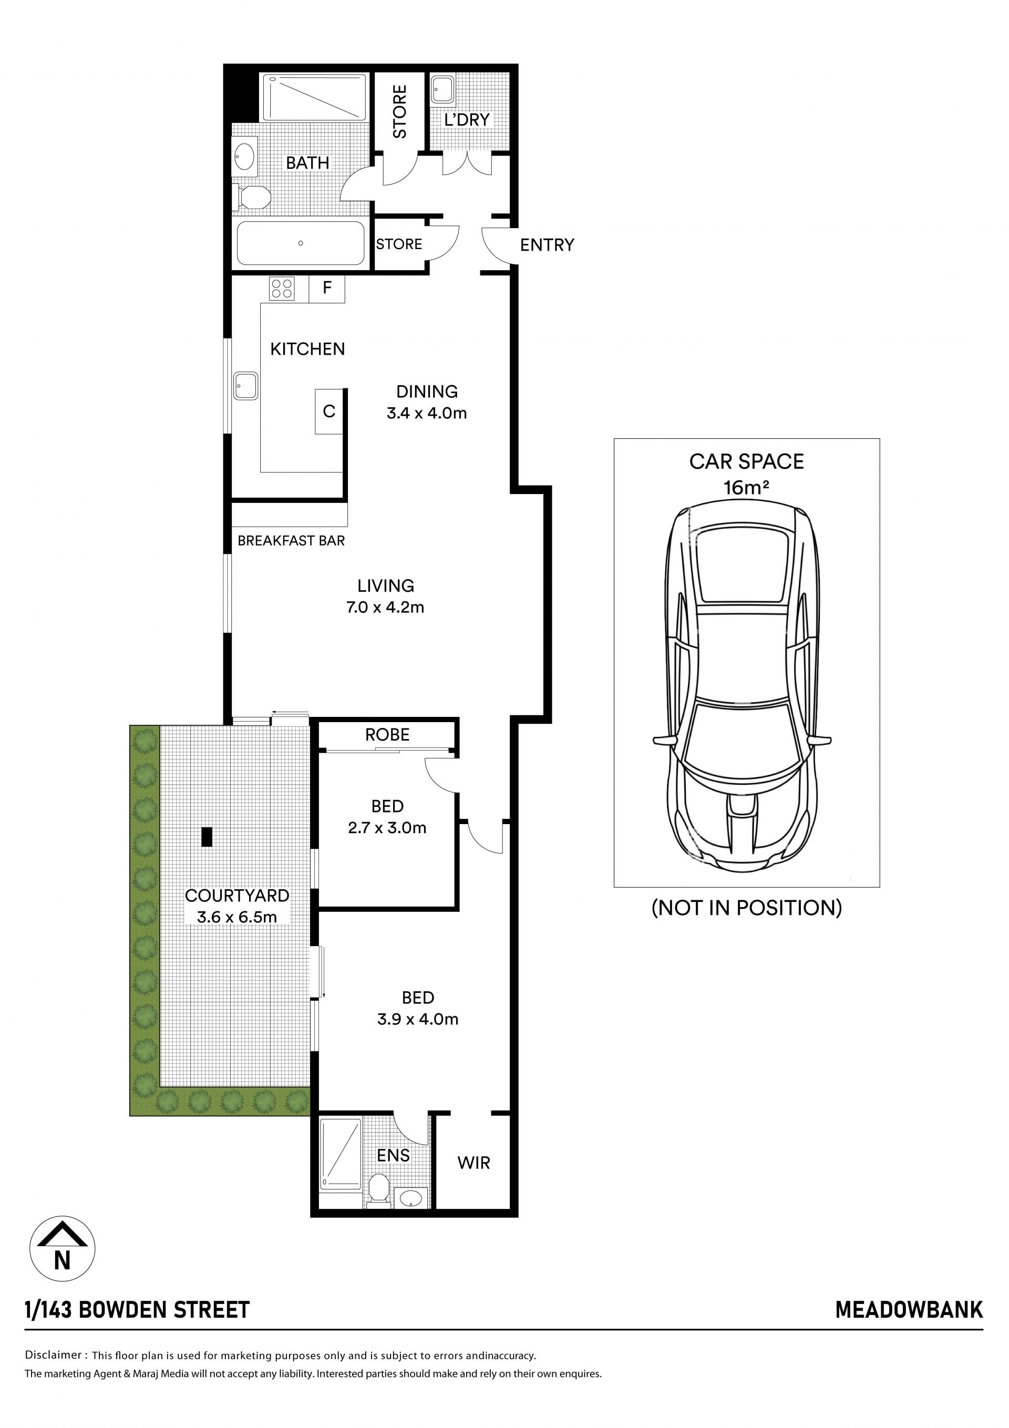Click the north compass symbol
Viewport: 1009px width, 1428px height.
62,1249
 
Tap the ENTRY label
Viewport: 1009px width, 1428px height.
547,245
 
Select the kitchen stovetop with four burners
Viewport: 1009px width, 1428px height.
282,289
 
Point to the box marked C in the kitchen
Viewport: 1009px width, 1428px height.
328,412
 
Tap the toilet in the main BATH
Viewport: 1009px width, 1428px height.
252,198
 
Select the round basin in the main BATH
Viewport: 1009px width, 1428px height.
244,156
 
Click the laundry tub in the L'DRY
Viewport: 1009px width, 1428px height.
442,89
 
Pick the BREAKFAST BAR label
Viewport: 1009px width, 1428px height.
291,540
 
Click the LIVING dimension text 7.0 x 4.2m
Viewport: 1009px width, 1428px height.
385,607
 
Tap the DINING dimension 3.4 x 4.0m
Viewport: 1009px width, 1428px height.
427,413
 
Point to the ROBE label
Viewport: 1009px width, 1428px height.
387,735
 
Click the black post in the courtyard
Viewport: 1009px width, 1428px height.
207,837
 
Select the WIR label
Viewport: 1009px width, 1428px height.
473,1163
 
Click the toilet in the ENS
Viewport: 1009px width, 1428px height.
378,1190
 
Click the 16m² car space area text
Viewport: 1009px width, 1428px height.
746,487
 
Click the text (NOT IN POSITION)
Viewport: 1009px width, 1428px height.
746,908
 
